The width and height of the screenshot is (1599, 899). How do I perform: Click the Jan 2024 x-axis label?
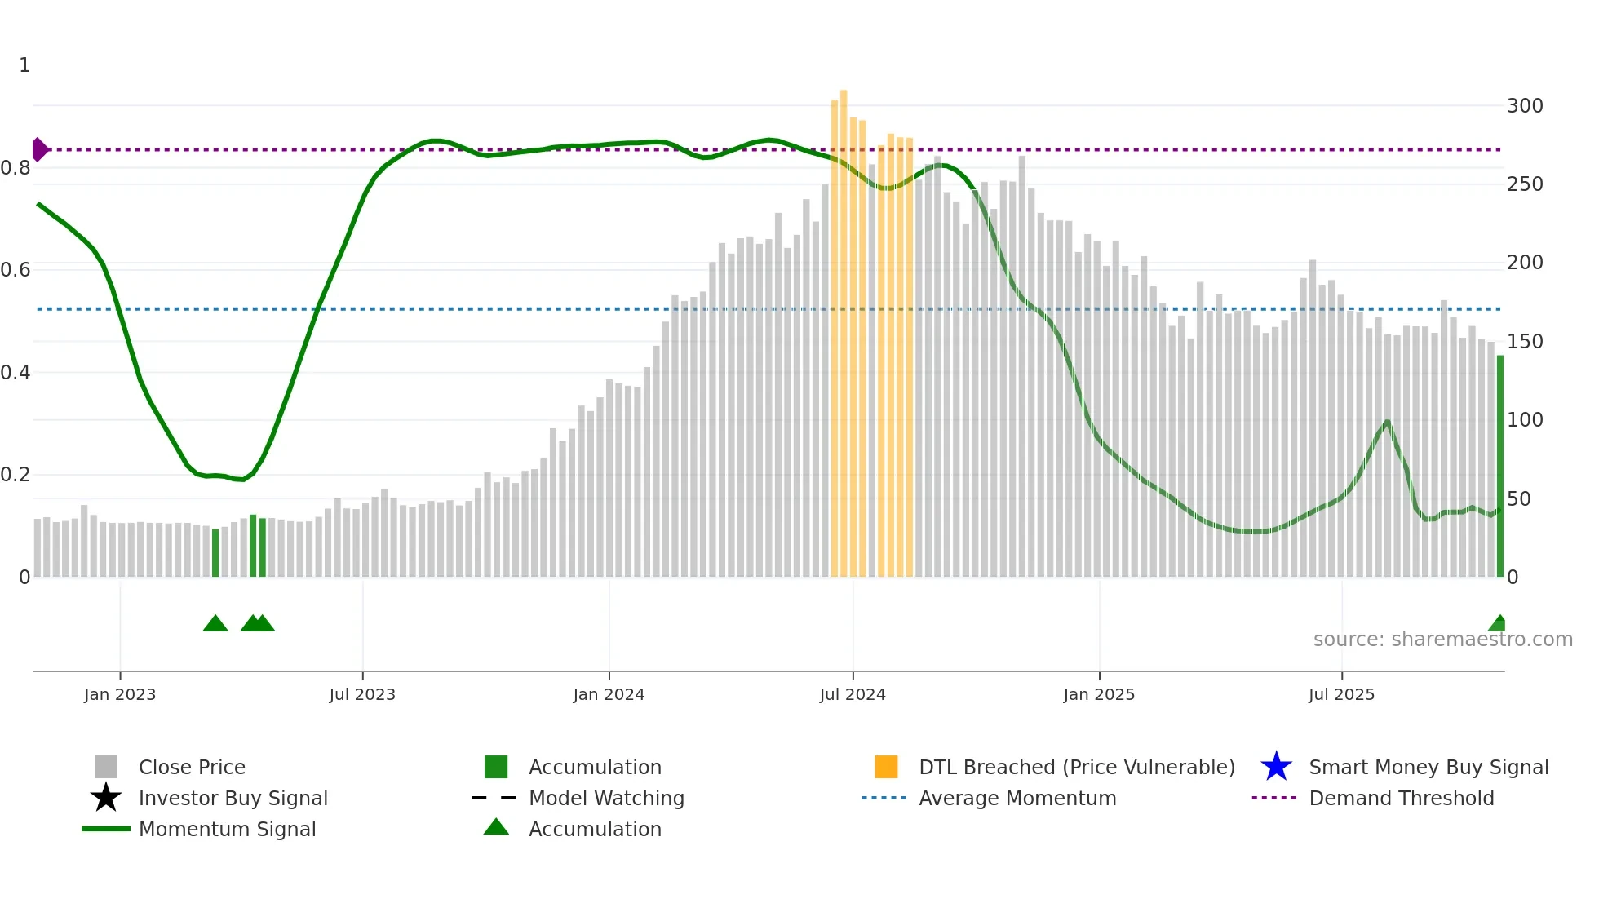[x=609, y=694]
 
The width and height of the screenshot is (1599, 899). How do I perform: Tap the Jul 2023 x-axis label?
[x=362, y=694]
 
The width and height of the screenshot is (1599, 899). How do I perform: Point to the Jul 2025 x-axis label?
[x=1341, y=694]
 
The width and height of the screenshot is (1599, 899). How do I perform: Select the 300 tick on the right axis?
[x=1525, y=106]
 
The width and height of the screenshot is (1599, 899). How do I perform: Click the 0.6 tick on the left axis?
[x=16, y=270]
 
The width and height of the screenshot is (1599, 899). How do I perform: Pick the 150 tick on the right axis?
[x=1525, y=342]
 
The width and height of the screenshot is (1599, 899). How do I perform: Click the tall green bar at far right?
[x=1499, y=465]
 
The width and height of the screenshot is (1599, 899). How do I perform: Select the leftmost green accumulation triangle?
[x=215, y=624]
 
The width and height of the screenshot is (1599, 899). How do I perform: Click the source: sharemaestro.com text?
[x=1442, y=640]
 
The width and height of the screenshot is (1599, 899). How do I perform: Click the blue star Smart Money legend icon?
[x=1276, y=767]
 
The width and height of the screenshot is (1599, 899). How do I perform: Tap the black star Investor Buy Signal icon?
[x=106, y=798]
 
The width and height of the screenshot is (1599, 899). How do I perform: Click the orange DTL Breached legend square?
[x=886, y=767]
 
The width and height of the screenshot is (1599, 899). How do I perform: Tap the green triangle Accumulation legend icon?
[x=496, y=828]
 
